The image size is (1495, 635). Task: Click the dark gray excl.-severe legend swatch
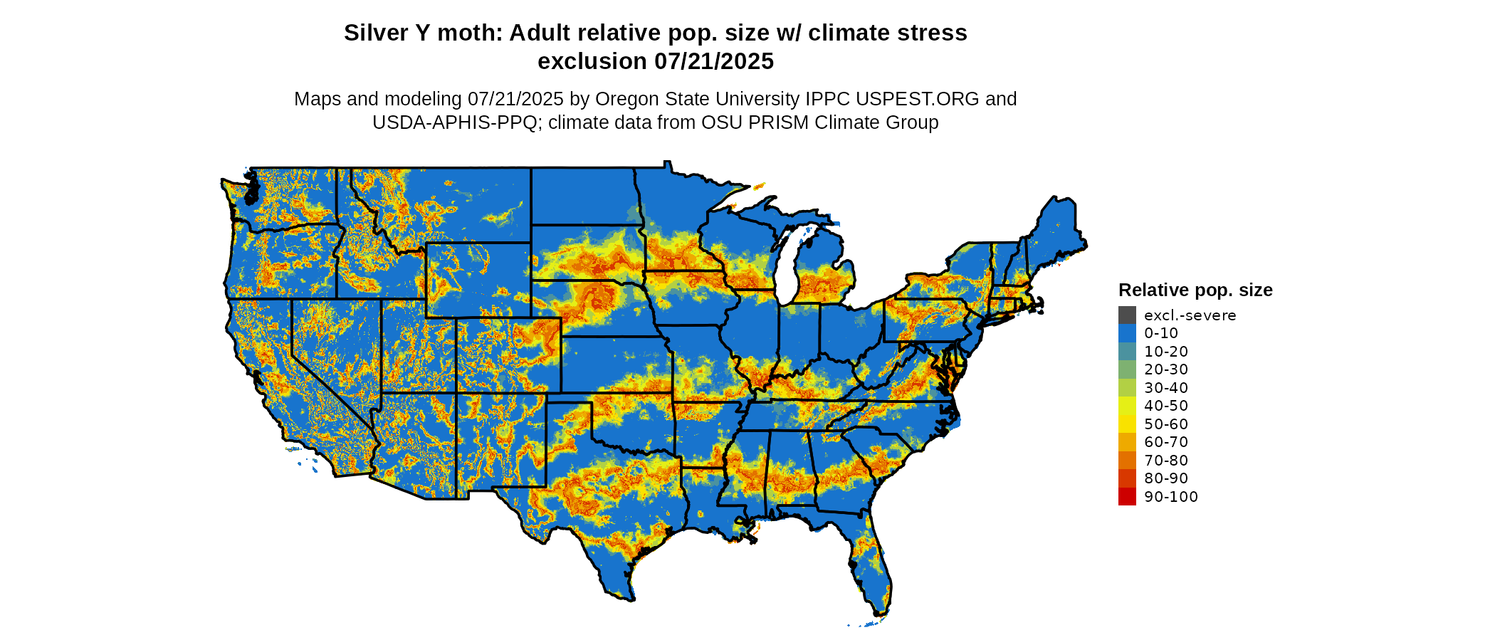click(x=1127, y=315)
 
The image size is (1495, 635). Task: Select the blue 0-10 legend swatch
click(x=1127, y=333)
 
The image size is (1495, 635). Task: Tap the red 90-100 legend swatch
click(x=1127, y=497)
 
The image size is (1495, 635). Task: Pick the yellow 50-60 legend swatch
click(x=1127, y=424)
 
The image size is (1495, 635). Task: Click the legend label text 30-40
click(x=1166, y=388)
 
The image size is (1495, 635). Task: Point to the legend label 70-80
click(x=1166, y=461)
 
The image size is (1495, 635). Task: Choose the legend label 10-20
click(x=1166, y=352)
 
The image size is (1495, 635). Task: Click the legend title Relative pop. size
click(x=1195, y=290)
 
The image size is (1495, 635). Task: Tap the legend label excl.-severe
click(x=1190, y=315)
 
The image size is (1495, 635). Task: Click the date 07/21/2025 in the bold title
click(x=714, y=62)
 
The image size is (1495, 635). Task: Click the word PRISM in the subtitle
click(x=783, y=123)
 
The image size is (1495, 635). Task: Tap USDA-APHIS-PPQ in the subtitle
click(x=455, y=123)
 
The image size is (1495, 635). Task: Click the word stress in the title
click(x=935, y=33)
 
